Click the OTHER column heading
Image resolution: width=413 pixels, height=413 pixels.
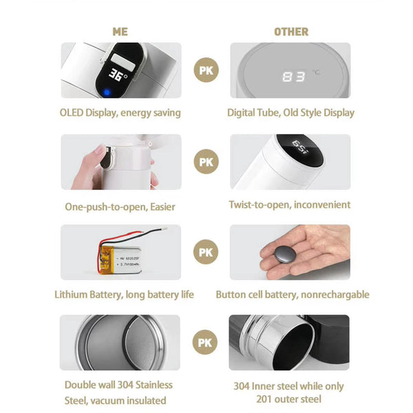click(291, 32)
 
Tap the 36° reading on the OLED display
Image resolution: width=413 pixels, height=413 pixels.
click(117, 76)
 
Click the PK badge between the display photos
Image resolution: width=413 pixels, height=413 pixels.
click(206, 70)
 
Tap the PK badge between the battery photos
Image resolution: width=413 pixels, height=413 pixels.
click(206, 252)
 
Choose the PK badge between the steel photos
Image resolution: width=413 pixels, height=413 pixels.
click(204, 342)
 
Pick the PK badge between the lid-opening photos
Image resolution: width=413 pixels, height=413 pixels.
click(206, 162)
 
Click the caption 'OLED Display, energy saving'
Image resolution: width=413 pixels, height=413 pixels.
click(120, 113)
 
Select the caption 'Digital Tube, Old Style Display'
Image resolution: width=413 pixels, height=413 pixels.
click(290, 113)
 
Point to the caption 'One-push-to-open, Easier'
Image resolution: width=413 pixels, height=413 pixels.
click(120, 206)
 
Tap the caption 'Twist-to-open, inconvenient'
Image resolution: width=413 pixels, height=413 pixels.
click(289, 204)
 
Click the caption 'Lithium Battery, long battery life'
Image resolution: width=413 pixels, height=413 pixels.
click(124, 295)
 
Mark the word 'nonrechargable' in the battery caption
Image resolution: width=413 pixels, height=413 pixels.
click(335, 295)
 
